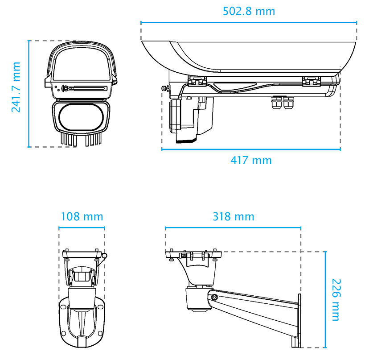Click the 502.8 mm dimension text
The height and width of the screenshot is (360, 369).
click(249, 11)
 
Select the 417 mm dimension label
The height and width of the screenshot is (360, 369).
click(251, 160)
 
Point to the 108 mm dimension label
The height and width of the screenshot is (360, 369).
click(82, 217)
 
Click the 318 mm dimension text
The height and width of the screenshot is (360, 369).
click(233, 217)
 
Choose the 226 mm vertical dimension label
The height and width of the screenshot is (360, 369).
click(336, 300)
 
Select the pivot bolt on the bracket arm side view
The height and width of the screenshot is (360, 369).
click(214, 297)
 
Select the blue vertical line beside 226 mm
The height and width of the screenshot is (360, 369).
click(325, 300)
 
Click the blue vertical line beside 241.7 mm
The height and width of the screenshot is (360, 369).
click(29, 94)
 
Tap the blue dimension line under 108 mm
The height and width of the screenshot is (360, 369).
click(82, 228)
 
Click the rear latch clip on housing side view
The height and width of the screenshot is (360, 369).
click(312, 81)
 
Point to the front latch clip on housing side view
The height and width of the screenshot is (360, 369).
click(197, 81)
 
